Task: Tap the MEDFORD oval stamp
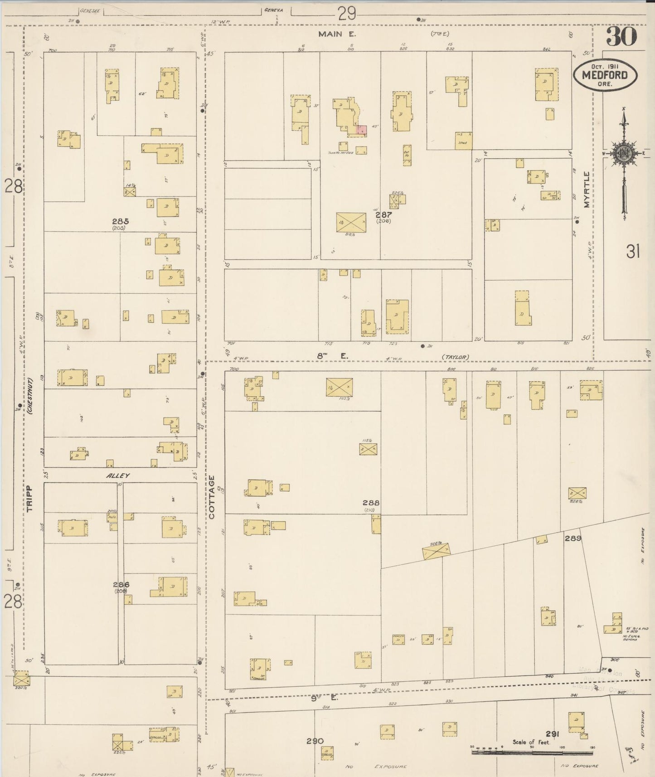[605, 74]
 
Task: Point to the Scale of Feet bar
[533, 752]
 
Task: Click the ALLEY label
[118, 476]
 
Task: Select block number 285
[121, 221]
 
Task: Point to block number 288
[371, 503]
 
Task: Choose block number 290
[315, 741]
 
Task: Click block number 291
[552, 734]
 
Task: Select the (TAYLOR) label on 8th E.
[455, 357]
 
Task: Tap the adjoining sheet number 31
[632, 251]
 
